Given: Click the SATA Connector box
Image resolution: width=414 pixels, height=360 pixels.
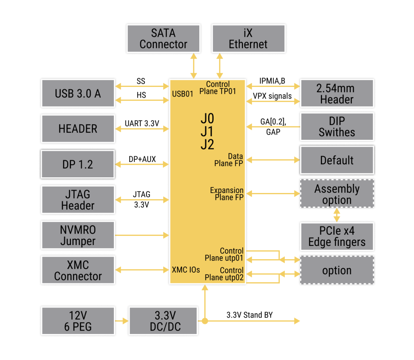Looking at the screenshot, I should pyautogui.click(x=163, y=39).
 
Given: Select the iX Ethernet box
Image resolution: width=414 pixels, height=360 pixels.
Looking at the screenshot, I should pyautogui.click(x=248, y=39).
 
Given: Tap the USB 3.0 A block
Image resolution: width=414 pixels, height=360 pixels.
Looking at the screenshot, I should pyautogui.click(x=78, y=93).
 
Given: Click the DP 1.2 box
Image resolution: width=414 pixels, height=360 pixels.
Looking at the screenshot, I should pyautogui.click(x=78, y=164).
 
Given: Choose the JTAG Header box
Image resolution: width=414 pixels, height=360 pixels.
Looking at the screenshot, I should pyautogui.click(x=78, y=200).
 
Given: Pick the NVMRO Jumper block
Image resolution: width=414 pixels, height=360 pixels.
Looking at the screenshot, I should pyautogui.click(x=78, y=236).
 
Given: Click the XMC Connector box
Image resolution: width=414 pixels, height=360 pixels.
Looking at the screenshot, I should pyautogui.click(x=78, y=270).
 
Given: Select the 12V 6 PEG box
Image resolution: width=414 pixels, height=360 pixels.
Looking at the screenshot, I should pyautogui.click(x=78, y=321).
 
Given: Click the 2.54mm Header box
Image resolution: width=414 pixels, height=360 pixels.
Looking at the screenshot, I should pyautogui.click(x=337, y=94).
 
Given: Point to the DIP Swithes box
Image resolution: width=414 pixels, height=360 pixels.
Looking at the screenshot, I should pyautogui.click(x=337, y=127).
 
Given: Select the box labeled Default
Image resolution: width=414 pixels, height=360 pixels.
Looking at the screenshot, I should pyautogui.click(x=337, y=160).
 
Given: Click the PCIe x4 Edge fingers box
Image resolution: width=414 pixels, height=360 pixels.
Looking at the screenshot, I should pyautogui.click(x=337, y=236).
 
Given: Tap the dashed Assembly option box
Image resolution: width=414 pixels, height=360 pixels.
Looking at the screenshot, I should pyautogui.click(x=337, y=194).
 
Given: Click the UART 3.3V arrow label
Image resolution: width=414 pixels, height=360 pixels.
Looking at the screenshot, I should pyautogui.click(x=142, y=124).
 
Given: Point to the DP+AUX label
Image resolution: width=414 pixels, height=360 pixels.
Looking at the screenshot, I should pyautogui.click(x=142, y=159).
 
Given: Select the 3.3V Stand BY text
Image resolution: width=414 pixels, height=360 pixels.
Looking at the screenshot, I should pyautogui.click(x=250, y=315).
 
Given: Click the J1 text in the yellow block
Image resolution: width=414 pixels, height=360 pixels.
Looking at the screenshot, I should pyautogui.click(x=207, y=131).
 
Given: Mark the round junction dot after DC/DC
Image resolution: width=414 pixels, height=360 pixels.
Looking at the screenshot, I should pyautogui.click(x=205, y=321).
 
